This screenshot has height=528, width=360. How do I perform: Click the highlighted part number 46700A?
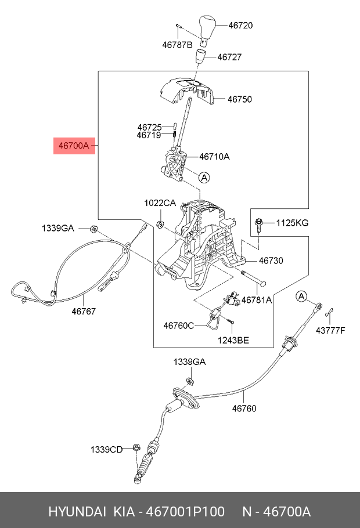[72, 146]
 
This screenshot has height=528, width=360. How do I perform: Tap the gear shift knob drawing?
[207, 27]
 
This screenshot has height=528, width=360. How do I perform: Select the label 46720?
[240, 26]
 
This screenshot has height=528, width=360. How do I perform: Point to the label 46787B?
[177, 44]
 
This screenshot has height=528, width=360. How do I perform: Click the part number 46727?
[229, 57]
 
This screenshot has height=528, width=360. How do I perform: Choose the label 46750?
[239, 99]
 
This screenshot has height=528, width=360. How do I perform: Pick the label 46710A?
[214, 157]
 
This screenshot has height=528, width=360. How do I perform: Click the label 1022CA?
[160, 203]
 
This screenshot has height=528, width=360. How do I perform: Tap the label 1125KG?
[292, 222]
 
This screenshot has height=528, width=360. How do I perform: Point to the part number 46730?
[271, 261]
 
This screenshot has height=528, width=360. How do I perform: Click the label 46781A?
[257, 301]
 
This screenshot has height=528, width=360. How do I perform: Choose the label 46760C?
[179, 326]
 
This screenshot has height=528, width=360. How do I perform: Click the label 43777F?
[330, 331]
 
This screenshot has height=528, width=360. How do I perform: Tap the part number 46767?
[84, 311]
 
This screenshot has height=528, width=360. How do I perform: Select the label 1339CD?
[106, 449]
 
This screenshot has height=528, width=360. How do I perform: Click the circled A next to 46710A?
[203, 178]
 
